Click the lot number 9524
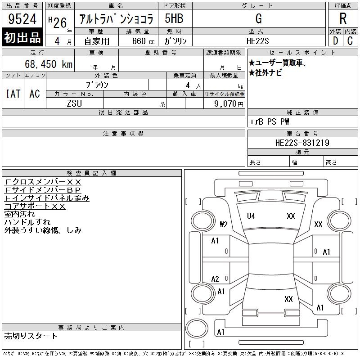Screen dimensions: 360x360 [22, 19]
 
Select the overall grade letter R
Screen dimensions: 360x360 [343, 18]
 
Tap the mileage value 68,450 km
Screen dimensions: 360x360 [49, 64]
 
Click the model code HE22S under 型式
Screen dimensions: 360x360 [257, 41]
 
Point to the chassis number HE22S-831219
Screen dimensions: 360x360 [302, 143]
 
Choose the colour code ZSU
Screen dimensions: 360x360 [74, 103]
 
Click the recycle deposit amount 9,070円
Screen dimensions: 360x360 [229, 104]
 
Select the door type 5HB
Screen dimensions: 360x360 [174, 18]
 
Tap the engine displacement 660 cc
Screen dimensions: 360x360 [143, 41]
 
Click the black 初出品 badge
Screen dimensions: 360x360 [22, 37]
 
